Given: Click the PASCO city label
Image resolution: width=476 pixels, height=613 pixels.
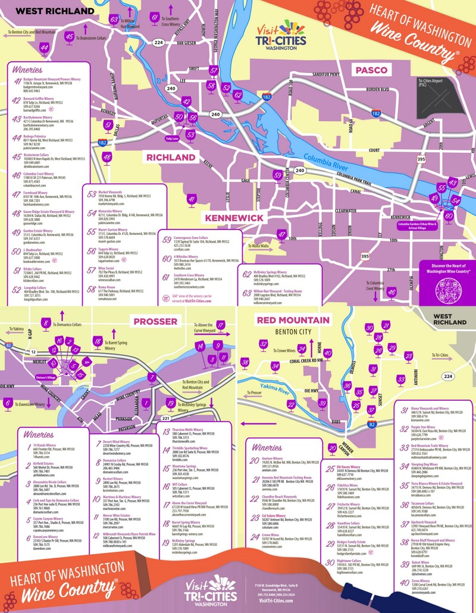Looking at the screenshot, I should pyautogui.click(x=372, y=70).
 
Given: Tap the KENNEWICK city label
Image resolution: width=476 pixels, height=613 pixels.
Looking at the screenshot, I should pyautogui.click(x=234, y=218).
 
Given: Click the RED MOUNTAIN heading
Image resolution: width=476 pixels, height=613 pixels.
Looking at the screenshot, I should pyautogui.click(x=292, y=320).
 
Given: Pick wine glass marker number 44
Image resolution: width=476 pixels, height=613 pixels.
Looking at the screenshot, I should pyautogui.click(x=43, y=48).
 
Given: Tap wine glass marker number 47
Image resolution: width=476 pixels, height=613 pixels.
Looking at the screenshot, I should pyautogui.click(x=282, y=235).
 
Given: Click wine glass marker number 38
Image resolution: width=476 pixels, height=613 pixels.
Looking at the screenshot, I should pyautogui.click(x=244, y=363).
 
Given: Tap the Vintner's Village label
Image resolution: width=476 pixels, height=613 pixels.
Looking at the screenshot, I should pyautogui.click(x=45, y=378).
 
